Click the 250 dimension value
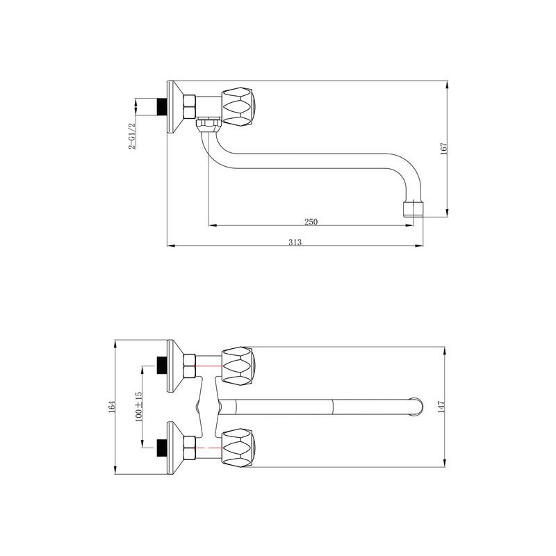coord(311,221)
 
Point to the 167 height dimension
coord(443,149)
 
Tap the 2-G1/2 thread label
coord(131,135)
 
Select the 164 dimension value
coord(112,408)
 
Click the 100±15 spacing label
coord(139,407)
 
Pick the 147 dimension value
coord(441,407)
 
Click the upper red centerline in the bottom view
coord(209,365)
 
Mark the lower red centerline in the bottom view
coord(209,448)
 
